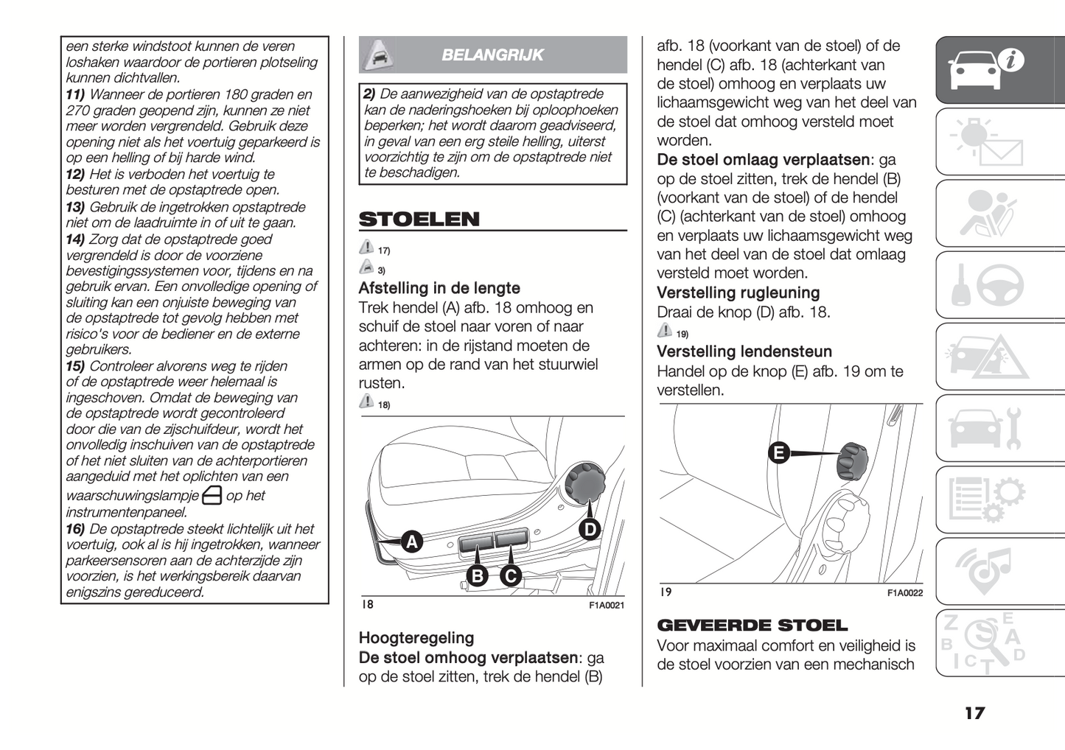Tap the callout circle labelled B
[x=478, y=575]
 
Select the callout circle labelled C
[x=510, y=575]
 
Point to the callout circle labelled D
[x=590, y=529]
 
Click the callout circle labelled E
[x=778, y=452]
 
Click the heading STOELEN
[x=419, y=220]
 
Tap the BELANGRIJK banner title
[x=492, y=55]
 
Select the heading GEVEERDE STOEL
[x=752, y=625]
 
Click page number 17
[x=974, y=713]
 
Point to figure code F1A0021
[x=607, y=606]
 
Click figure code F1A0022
[x=904, y=593]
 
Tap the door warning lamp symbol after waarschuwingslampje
[x=212, y=496]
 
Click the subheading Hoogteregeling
[x=416, y=638]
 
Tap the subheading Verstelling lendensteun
[x=744, y=352]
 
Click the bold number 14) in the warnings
[x=75, y=239]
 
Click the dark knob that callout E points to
[x=851, y=460]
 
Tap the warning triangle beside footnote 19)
[x=665, y=330]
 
